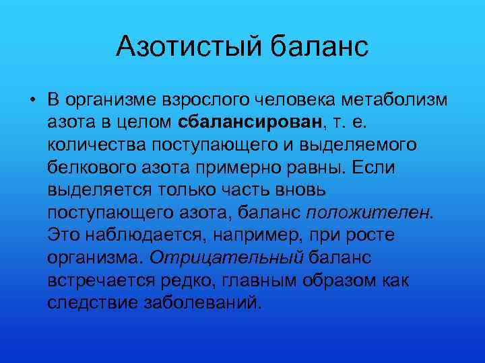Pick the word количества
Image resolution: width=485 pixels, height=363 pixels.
[x=92, y=146]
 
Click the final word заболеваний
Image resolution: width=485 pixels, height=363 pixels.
[x=201, y=301]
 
